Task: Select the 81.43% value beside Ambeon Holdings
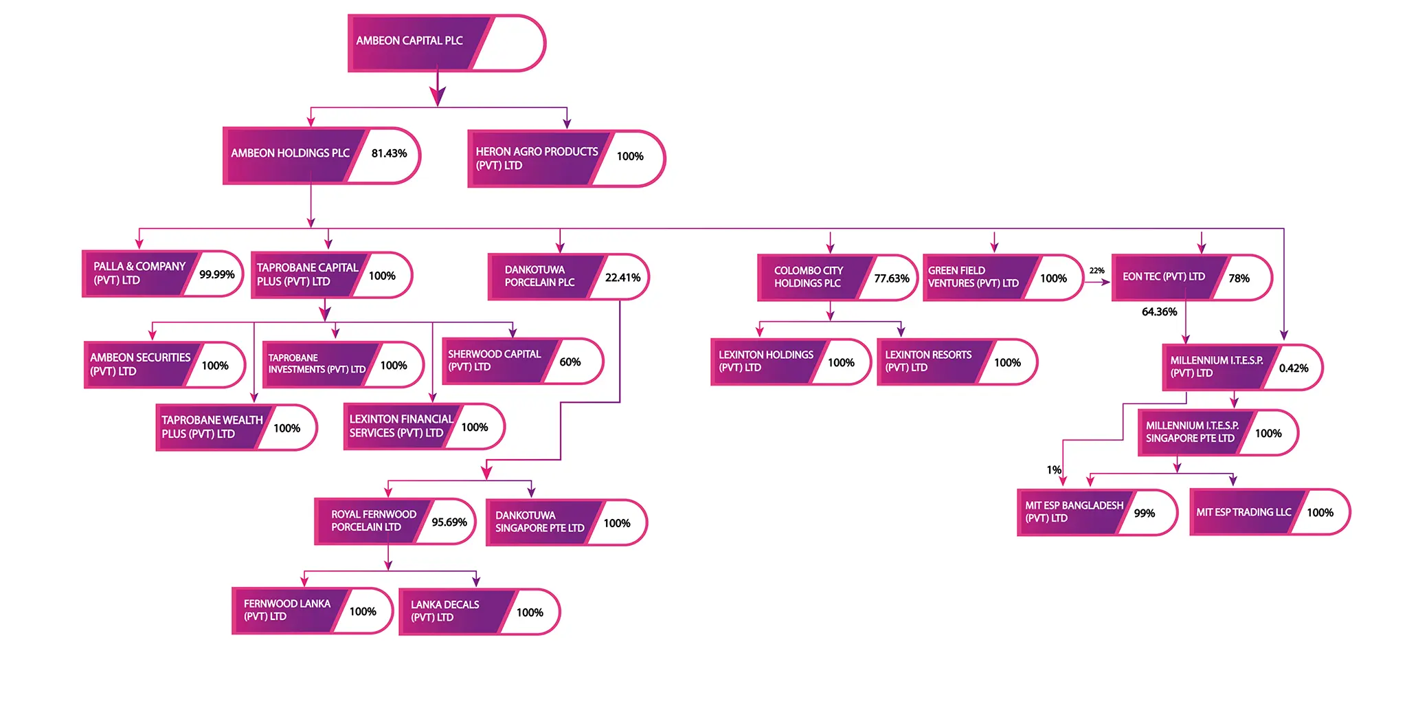(x=389, y=153)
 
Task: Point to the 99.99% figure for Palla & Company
(x=217, y=274)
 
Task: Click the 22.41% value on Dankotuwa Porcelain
(x=622, y=278)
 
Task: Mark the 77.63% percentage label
(x=892, y=278)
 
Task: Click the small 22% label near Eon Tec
(x=1097, y=271)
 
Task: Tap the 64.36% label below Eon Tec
(x=1159, y=312)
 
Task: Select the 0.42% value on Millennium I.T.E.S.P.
(x=1294, y=368)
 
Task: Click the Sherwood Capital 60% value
(x=570, y=362)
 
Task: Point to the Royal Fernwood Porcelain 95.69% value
(x=449, y=522)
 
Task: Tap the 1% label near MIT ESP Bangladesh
(x=1054, y=470)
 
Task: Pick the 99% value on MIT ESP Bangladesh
(x=1145, y=513)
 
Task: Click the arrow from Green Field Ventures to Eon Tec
(x=1097, y=283)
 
